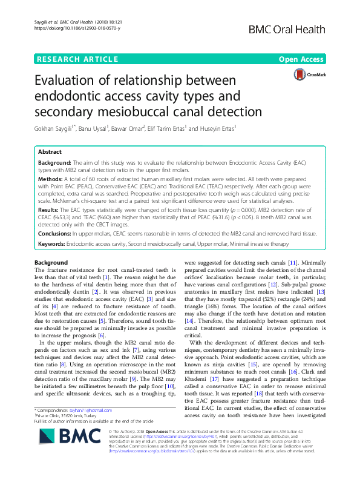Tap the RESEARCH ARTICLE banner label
[77, 59]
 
